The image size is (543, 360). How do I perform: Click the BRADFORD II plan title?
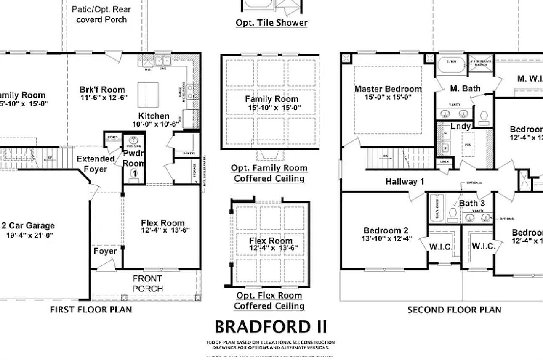click(271, 327)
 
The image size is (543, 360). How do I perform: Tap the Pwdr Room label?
click(134, 159)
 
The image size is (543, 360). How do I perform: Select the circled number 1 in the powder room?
click(134, 173)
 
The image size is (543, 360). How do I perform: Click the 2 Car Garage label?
click(28, 226)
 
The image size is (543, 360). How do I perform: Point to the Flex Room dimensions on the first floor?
click(165, 230)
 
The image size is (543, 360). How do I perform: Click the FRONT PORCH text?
click(147, 283)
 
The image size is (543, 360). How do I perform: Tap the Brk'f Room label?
click(102, 90)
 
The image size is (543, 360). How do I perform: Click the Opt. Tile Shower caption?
click(271, 23)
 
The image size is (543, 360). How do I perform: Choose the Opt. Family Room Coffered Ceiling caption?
click(269, 173)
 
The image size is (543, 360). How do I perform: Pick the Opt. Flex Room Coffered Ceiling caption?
click(269, 301)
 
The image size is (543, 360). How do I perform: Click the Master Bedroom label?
click(388, 89)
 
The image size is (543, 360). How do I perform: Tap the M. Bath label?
click(465, 88)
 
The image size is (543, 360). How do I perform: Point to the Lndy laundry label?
click(460, 126)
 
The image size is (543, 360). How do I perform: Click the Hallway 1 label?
click(405, 182)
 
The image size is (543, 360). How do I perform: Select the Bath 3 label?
click(471, 204)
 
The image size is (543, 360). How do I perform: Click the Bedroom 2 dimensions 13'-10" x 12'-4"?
click(386, 238)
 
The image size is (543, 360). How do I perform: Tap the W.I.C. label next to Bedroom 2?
click(441, 247)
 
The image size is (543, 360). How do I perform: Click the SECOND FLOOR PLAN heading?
click(454, 310)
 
